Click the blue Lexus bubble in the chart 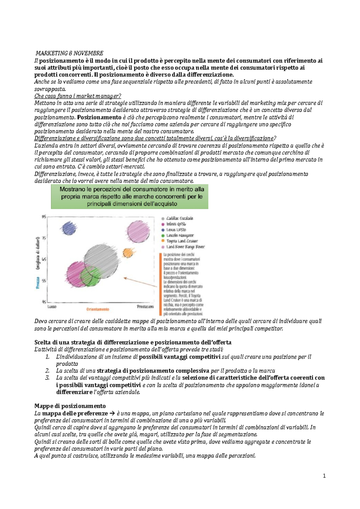click(x=69, y=229)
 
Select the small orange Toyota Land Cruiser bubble click(x=128, y=253)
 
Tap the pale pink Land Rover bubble click(x=138, y=231)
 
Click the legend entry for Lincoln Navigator click(x=180, y=235)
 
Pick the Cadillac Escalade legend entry click(x=179, y=218)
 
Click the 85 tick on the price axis click(x=44, y=216)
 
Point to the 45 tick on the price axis click(x=44, y=302)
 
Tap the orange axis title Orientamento click(x=98, y=309)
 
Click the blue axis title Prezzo click(x=38, y=283)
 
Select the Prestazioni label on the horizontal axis click(x=145, y=307)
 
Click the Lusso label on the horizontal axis click(x=52, y=307)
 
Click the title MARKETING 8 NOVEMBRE click(x=69, y=53)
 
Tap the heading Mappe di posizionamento click(x=70, y=406)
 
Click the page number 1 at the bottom click(x=324, y=476)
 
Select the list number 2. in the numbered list click(x=47, y=371)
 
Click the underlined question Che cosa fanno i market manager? click(x=78, y=96)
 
